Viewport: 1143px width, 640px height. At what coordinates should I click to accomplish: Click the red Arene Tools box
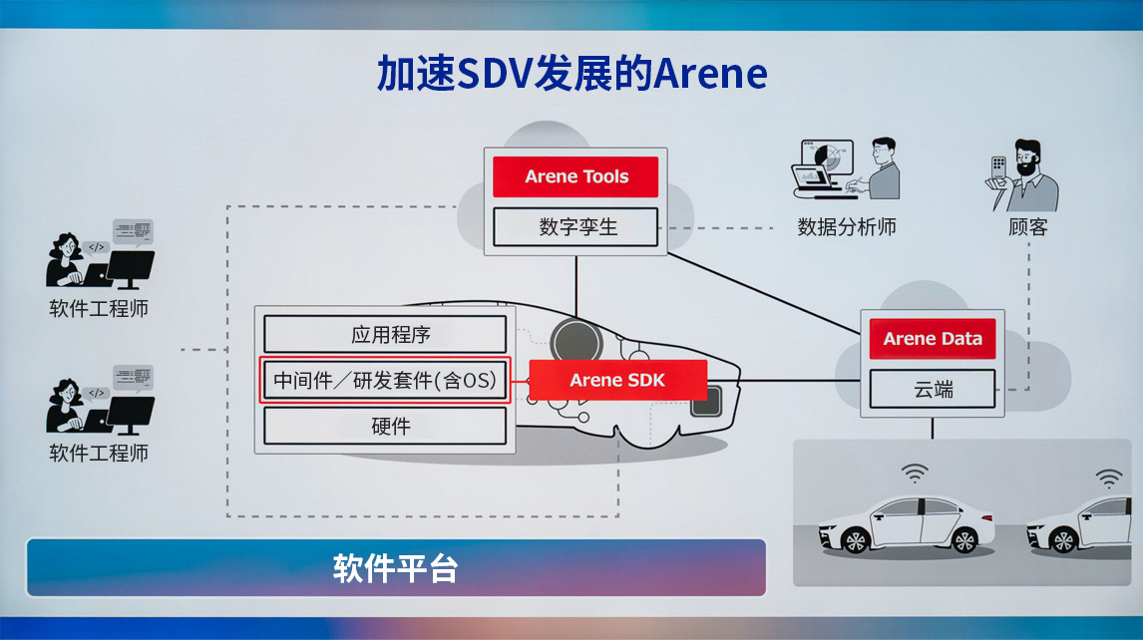pos(576,176)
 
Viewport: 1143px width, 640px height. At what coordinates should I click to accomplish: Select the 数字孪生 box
pos(576,226)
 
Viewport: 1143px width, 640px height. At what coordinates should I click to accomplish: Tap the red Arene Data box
pos(933,339)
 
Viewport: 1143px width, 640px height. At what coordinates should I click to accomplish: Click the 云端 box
pos(933,389)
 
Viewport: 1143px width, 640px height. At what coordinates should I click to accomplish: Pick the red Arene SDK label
pos(617,380)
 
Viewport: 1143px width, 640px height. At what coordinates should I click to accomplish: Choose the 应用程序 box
pos(385,334)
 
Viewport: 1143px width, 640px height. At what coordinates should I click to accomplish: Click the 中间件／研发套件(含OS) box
pos(385,380)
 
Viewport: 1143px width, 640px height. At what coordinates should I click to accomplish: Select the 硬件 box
pos(385,426)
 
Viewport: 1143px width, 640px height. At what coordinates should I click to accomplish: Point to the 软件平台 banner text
pos(395,568)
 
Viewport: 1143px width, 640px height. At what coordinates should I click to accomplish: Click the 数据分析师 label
pos(847,226)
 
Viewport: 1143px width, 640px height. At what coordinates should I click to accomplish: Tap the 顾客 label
pos(1027,226)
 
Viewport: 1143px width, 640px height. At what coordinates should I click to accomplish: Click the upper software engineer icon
pos(100,254)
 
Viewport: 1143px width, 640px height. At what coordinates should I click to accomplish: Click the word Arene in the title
pos(710,75)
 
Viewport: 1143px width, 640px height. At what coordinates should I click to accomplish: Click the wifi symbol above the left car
pos(914,473)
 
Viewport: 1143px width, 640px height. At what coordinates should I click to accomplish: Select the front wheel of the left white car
pos(856,540)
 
